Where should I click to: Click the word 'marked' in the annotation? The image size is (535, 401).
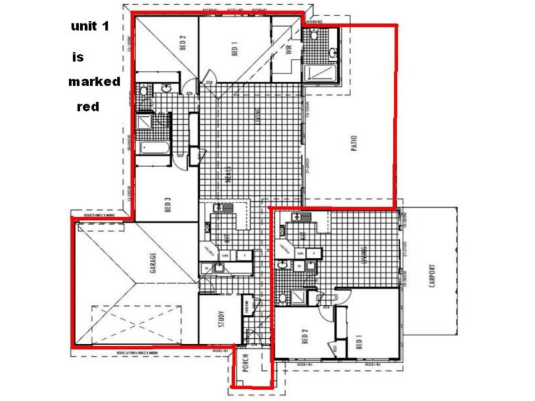(x=94, y=82)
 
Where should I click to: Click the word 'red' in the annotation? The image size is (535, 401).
(x=88, y=106)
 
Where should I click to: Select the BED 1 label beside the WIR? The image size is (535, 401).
(x=235, y=50)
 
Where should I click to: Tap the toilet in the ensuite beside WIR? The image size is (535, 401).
(x=332, y=52)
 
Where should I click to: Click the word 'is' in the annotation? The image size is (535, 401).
(x=78, y=57)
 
